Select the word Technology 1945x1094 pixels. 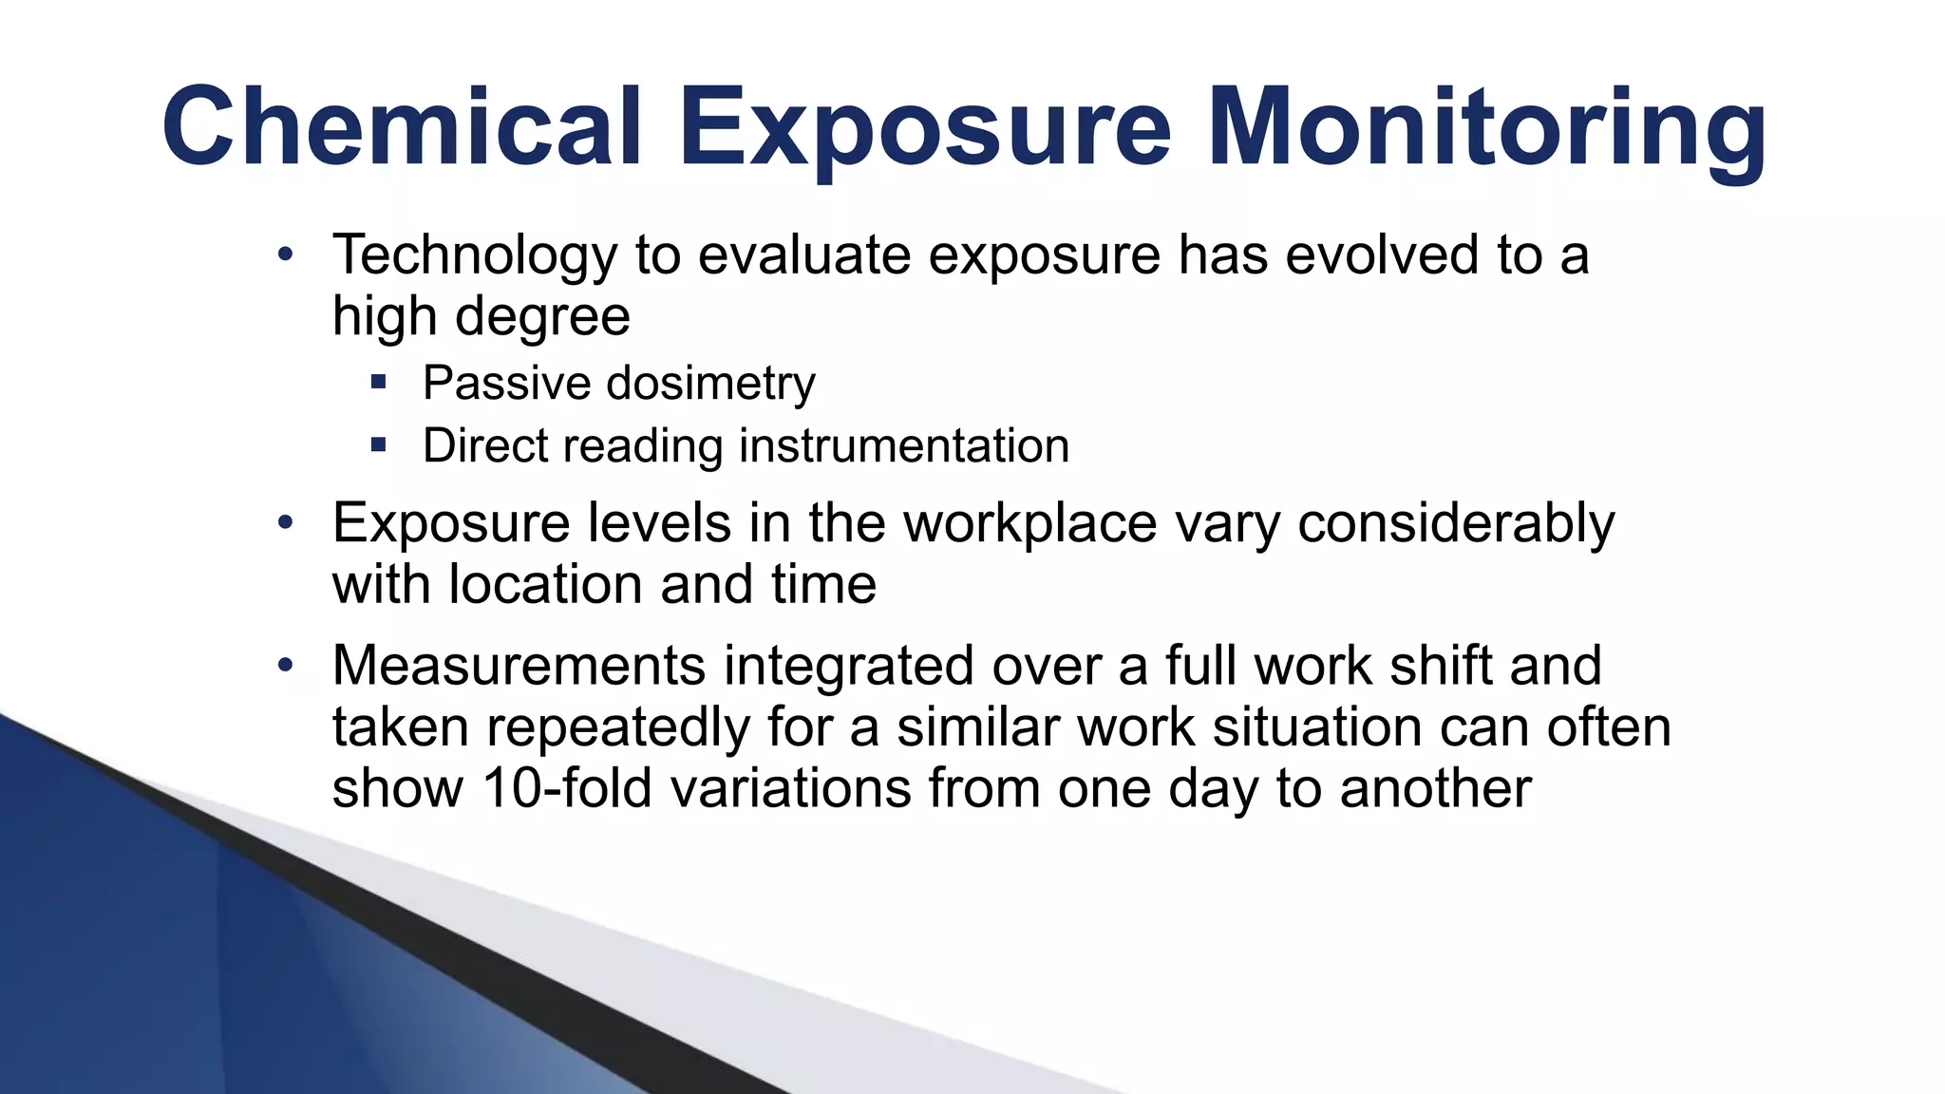(x=475, y=256)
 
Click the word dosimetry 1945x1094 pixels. (x=710, y=385)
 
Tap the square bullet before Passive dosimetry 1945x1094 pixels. (x=379, y=383)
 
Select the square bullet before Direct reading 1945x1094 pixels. (x=379, y=444)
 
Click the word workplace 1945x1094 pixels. (x=1030, y=523)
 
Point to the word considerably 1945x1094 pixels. (x=1455, y=523)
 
